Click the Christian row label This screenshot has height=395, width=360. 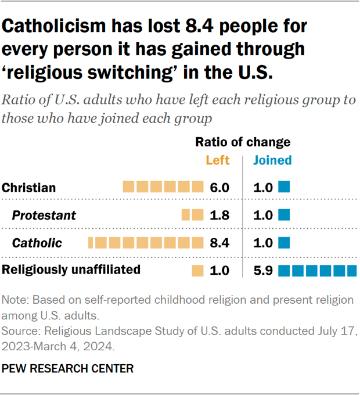(29, 188)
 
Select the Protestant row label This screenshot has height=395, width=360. (44, 216)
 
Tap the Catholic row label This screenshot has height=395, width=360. (37, 243)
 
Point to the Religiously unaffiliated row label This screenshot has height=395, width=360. (71, 270)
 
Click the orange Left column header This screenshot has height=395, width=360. (218, 160)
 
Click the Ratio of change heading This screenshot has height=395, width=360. (243, 142)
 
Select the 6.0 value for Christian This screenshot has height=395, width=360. (219, 188)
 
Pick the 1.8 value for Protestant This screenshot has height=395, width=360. (219, 216)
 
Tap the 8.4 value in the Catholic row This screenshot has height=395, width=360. (219, 243)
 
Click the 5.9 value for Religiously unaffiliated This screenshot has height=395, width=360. (263, 270)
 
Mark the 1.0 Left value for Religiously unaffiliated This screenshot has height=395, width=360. (219, 270)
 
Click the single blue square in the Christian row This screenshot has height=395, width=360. (284, 187)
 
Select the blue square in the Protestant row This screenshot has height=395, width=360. (284, 215)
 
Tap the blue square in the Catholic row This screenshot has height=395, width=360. (284, 242)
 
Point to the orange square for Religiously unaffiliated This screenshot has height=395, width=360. (198, 270)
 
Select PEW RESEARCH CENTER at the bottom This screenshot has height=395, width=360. (68, 368)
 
